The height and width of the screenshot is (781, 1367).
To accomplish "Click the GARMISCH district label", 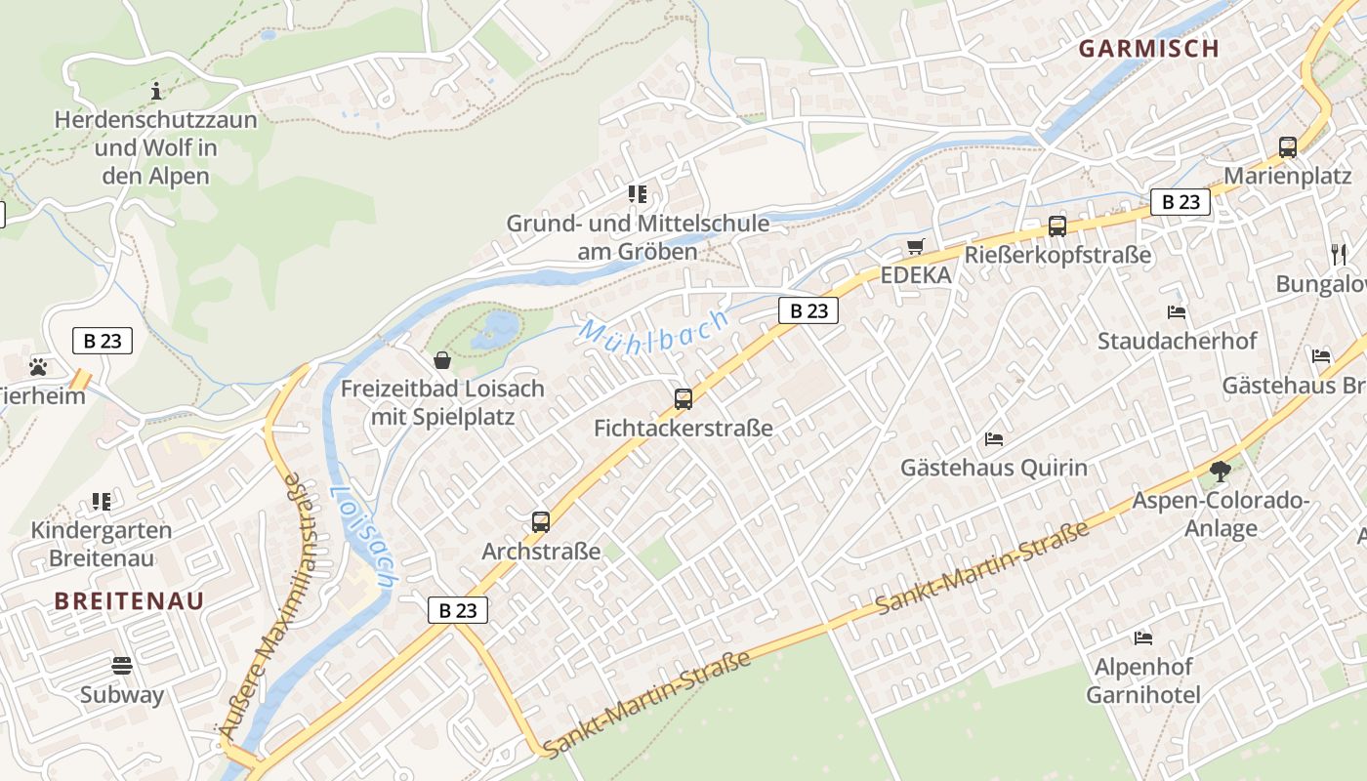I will click(1148, 49).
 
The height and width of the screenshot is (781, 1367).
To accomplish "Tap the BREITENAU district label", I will click(129, 600).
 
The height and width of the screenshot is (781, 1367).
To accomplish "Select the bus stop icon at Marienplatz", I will click(1287, 147).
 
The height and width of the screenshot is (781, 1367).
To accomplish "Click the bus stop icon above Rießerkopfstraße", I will click(1056, 226).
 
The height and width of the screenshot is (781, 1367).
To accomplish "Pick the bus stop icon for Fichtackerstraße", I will click(683, 398).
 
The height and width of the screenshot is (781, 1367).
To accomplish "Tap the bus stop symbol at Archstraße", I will click(541, 521).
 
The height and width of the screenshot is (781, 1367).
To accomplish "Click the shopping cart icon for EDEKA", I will click(915, 246).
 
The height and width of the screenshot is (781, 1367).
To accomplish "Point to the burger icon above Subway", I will click(122, 666).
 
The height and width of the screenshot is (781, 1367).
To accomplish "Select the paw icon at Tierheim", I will click(38, 367).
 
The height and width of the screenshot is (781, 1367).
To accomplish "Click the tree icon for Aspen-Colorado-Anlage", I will click(1220, 472).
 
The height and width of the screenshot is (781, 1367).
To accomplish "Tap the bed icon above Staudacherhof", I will click(1177, 312).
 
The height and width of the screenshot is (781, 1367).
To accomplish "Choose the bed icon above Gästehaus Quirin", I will click(994, 438).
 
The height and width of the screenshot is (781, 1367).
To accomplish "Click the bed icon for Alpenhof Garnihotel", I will click(1143, 638).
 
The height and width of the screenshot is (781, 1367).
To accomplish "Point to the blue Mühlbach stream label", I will click(654, 327).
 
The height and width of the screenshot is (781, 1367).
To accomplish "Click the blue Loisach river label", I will click(362, 536).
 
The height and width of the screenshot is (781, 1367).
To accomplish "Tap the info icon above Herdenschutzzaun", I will click(155, 91).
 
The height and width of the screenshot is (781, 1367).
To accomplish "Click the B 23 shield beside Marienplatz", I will click(1180, 202).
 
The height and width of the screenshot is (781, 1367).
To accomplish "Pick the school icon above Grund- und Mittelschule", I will click(638, 194).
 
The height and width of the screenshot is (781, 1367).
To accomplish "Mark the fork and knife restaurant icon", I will click(1338, 255).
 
